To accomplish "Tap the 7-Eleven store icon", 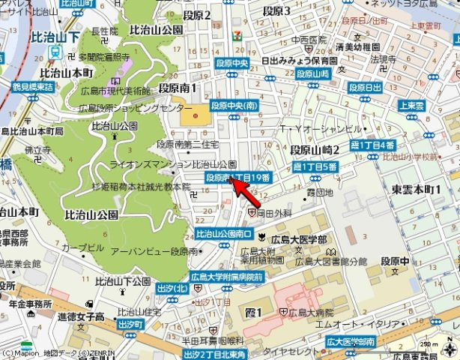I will (x=237, y=34).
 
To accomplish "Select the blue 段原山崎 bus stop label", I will (x=312, y=73).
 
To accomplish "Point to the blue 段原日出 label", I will (x=365, y=88).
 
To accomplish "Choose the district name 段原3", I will (x=276, y=11).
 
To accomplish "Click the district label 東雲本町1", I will (x=415, y=190).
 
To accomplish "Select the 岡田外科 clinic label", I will (x=274, y=213).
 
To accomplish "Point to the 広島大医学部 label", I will (x=298, y=238).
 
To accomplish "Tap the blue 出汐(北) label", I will (x=172, y=287).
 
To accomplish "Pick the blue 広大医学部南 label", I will (x=348, y=342).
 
